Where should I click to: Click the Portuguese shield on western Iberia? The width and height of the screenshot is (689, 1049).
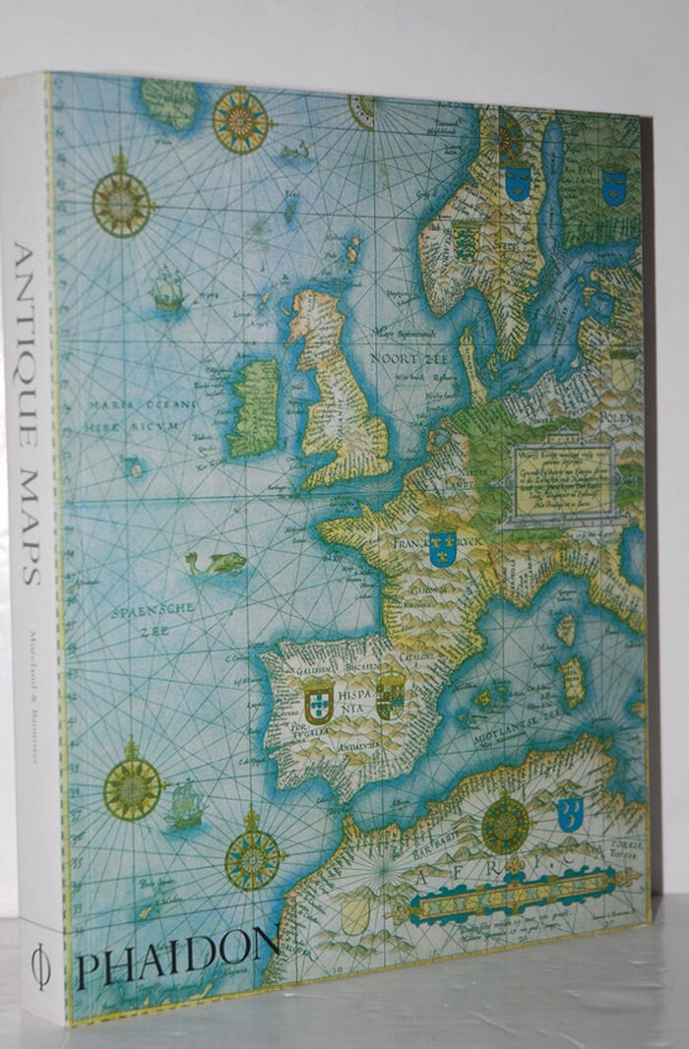click(318, 703)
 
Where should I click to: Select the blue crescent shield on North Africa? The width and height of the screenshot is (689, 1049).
click(570, 812)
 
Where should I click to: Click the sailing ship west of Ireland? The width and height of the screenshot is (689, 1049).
click(168, 291)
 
